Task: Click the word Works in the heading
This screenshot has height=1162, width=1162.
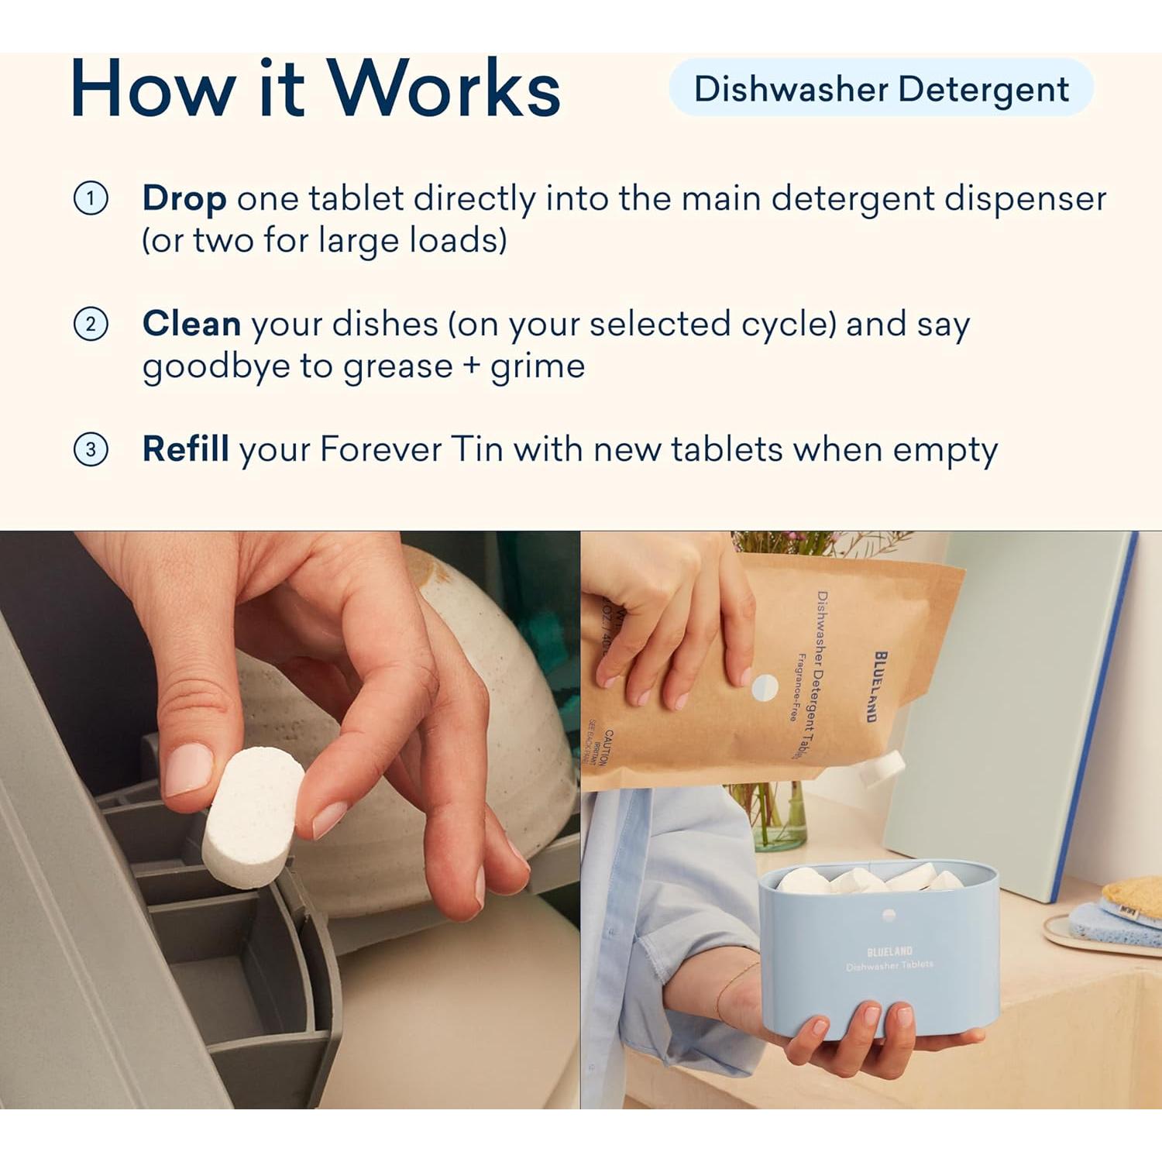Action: point(443,89)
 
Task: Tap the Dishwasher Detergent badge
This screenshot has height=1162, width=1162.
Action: point(881,89)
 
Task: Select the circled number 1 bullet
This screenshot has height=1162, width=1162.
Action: point(91,199)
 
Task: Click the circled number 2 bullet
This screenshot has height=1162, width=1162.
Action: point(91,324)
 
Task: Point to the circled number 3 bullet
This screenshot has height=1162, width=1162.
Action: point(91,449)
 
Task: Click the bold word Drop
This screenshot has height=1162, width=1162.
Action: point(184,199)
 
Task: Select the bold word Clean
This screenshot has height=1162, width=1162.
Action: point(191,324)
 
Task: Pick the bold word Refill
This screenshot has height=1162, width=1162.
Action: point(185,449)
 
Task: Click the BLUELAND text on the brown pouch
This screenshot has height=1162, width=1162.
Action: point(880,686)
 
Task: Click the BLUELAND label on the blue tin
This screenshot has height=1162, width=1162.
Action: point(889,951)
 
